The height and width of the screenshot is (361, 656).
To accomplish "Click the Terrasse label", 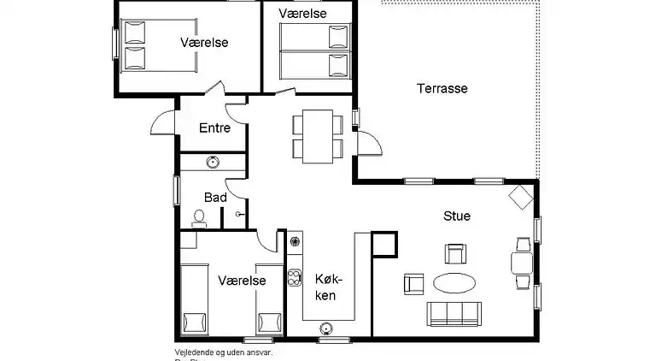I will (442, 88).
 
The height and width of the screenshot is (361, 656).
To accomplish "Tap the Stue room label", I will (456, 216).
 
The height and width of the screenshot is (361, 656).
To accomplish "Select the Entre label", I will (214, 128).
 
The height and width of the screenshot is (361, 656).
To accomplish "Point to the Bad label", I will (215, 197).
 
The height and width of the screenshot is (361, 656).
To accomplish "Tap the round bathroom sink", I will (211, 161).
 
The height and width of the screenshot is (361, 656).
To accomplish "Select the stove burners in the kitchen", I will (296, 276).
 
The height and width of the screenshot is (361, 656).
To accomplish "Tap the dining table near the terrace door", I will (318, 136).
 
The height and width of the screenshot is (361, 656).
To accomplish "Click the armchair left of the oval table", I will (413, 282).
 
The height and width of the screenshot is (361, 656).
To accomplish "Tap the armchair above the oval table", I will (455, 252).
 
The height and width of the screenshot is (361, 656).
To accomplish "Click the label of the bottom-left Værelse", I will (242, 280).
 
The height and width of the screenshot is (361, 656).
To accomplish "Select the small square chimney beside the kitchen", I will (384, 245).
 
